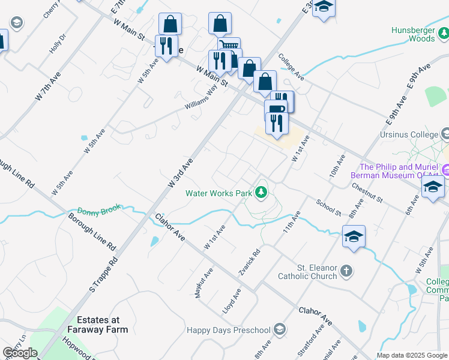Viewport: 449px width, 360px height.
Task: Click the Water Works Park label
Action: [x=218, y=193]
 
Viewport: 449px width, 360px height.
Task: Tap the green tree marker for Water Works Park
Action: [x=261, y=193]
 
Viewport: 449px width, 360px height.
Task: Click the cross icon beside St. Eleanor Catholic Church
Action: [x=346, y=272]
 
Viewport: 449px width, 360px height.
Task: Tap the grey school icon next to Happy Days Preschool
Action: [x=279, y=329]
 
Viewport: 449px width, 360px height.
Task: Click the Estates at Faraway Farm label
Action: [x=102, y=325]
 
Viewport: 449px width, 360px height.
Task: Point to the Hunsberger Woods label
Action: [x=413, y=34]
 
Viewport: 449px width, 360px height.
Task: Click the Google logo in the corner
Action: [x=20, y=353]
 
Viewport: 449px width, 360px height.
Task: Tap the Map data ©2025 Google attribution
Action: [x=412, y=355]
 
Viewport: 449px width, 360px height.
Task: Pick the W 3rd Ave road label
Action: [x=181, y=173]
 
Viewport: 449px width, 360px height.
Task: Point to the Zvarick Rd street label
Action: [x=249, y=263]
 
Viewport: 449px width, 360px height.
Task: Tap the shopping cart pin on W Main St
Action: [x=229, y=47]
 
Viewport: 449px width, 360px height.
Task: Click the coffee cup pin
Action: [x=276, y=109]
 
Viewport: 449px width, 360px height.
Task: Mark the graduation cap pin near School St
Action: [x=354, y=235]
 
